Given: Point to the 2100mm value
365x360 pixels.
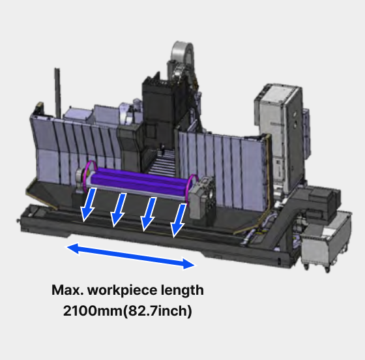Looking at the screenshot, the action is coord(93,310).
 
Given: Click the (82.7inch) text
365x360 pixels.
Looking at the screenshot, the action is coord(157,311).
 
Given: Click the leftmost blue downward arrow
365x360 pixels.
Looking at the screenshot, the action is coord(88,205).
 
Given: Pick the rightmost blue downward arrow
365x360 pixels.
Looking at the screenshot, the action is coord(179,220).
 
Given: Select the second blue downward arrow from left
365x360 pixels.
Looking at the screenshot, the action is coord(118,210).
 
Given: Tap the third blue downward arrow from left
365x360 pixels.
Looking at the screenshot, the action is coord(149,215).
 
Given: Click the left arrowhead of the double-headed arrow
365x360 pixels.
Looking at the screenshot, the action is coord(72,248).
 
